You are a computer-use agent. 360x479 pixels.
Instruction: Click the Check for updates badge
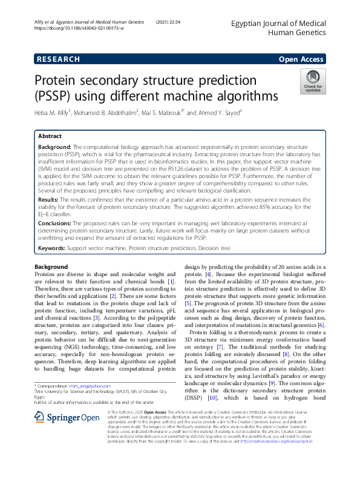coord(313,82)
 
